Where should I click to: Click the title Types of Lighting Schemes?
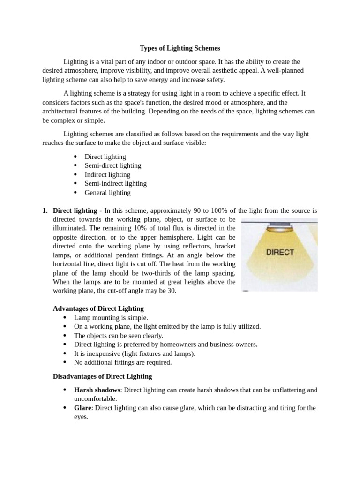(180, 48)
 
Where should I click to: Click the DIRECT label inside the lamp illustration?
(280, 252)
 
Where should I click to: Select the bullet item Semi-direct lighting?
(112, 165)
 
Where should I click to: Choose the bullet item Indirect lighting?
(107, 174)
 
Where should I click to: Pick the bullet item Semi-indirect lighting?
(115, 183)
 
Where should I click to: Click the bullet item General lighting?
(107, 192)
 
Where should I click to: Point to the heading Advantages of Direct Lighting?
(98, 308)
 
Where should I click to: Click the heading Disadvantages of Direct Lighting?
(102, 376)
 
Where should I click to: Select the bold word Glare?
(83, 408)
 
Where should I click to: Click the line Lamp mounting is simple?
(111, 317)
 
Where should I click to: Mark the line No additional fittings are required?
(123, 362)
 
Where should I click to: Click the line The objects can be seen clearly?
(119, 335)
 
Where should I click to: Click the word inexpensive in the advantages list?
(100, 353)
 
